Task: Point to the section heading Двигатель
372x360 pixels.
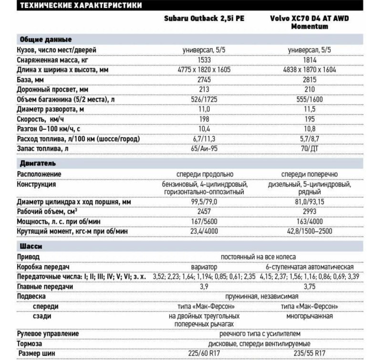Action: [38, 163]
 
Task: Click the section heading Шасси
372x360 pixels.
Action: [30, 246]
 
